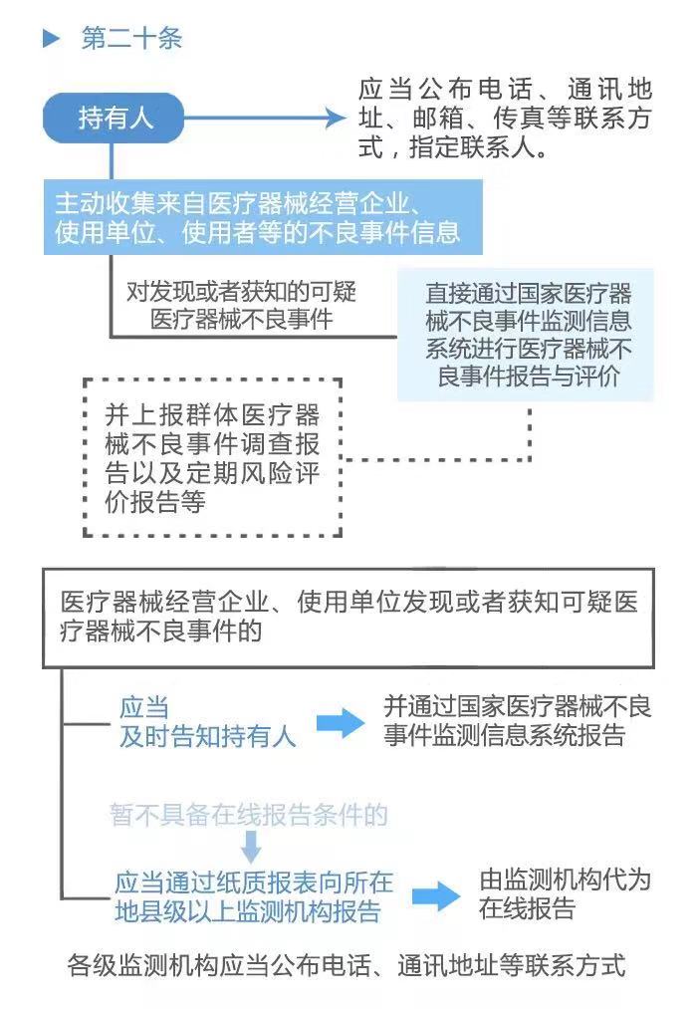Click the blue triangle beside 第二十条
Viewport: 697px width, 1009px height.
[x=51, y=39]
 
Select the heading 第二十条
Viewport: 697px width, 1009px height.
[x=131, y=39]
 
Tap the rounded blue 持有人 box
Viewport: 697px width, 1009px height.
[x=114, y=118]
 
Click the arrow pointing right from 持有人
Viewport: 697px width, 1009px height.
[x=264, y=118]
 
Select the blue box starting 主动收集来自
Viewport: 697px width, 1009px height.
[x=263, y=217]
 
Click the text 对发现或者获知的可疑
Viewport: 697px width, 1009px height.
[x=241, y=292]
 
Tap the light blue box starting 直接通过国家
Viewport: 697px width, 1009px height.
[x=526, y=335]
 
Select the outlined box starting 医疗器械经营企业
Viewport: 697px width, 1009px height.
[x=348, y=618]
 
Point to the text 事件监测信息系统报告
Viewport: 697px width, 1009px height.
[x=505, y=734]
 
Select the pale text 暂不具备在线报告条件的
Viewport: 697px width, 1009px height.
[x=249, y=815]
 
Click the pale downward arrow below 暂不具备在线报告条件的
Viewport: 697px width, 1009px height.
[x=251, y=847]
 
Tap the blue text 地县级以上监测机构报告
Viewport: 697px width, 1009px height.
[x=248, y=911]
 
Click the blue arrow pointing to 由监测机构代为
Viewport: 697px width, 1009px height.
[x=436, y=896]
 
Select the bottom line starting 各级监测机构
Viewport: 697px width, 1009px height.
[x=347, y=965]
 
